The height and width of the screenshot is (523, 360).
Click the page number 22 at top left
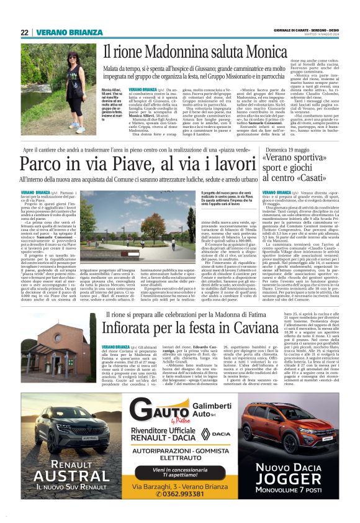[x=24, y=32]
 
